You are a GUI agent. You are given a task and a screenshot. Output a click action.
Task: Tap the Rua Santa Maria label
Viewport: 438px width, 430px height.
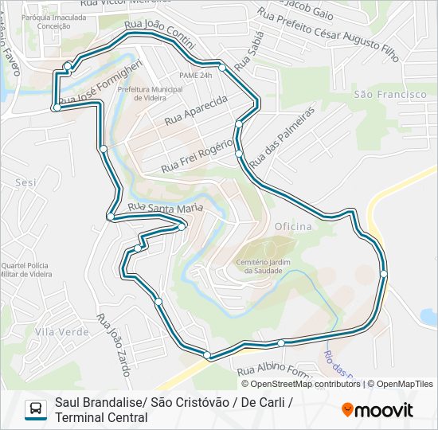coord(166,209)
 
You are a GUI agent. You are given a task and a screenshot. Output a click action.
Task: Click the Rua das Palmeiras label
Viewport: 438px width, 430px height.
coord(282,139)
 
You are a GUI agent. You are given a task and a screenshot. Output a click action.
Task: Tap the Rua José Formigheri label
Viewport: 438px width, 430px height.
coord(100,82)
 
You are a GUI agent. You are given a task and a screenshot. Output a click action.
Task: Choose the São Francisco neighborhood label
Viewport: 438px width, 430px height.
coord(389,95)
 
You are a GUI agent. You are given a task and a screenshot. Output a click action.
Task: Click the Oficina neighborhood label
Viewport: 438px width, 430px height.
coord(293,227)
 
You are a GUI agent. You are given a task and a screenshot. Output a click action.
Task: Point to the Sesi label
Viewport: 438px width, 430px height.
coord(26,182)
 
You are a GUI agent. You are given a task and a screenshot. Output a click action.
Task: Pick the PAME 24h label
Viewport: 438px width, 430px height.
coord(195,75)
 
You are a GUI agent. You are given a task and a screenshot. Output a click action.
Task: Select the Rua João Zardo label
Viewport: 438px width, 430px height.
coord(114,342)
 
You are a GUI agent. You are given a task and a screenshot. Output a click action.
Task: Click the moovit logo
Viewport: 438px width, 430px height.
coord(377,409)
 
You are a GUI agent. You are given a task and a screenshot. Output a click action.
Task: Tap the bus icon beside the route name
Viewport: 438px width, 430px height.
coord(36,408)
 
